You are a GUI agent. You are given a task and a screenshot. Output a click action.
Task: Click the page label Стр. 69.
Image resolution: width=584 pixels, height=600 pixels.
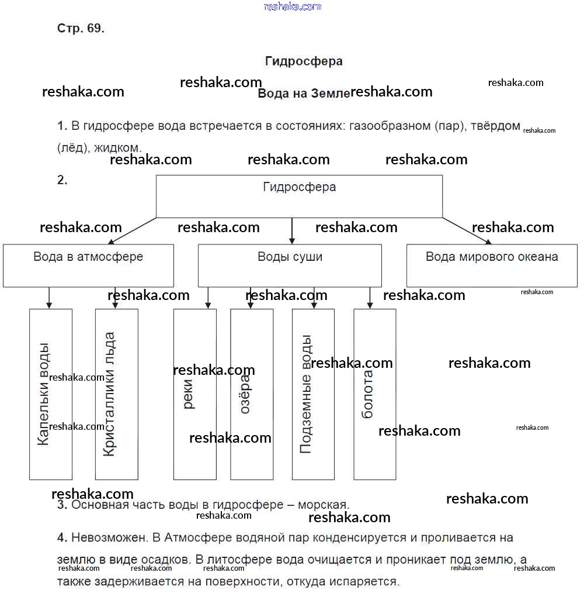pyautogui.click(x=81, y=29)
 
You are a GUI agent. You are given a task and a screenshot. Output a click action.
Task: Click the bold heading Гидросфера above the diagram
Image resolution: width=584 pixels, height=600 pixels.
pyautogui.click(x=304, y=61)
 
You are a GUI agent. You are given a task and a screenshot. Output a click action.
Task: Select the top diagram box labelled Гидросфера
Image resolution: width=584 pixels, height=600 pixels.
pyautogui.click(x=299, y=196)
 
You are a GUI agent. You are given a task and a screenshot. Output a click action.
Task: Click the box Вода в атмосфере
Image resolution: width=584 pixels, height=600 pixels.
pyautogui.click(x=88, y=265)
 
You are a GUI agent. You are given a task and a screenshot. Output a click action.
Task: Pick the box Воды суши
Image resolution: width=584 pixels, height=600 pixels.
pyautogui.click(x=290, y=265)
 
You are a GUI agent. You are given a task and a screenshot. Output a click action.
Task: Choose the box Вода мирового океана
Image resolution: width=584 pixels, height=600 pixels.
pyautogui.click(x=492, y=265)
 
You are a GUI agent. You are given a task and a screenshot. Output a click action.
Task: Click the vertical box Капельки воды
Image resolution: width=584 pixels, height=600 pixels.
pyautogui.click(x=51, y=394)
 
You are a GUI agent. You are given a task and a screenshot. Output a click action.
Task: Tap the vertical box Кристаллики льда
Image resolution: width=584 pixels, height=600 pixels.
pyautogui.click(x=117, y=394)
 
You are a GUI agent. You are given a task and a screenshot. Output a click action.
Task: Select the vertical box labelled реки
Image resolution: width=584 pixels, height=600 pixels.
pyautogui.click(x=195, y=394)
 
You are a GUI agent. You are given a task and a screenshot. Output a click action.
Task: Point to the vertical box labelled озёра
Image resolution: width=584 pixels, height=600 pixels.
pyautogui.click(x=252, y=394)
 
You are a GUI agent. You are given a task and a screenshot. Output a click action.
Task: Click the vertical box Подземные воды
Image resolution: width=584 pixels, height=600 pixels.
pyautogui.click(x=314, y=394)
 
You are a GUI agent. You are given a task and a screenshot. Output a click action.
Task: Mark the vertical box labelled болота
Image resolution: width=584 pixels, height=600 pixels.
pyautogui.click(x=375, y=394)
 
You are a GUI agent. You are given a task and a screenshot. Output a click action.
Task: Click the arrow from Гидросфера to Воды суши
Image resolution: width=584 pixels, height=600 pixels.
pyautogui.click(x=292, y=230)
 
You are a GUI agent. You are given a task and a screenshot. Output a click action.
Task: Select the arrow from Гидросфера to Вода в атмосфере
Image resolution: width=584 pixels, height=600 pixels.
pyautogui.click(x=133, y=230)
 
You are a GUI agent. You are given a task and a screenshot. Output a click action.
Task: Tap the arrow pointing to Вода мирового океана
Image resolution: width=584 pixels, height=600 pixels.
pyautogui.click(x=467, y=230)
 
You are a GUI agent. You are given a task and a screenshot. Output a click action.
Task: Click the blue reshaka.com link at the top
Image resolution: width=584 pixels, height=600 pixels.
pyautogui.click(x=293, y=6)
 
